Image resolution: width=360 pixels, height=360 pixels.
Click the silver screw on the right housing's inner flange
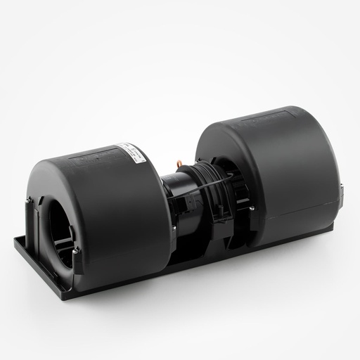250,207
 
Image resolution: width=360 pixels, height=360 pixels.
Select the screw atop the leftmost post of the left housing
30,202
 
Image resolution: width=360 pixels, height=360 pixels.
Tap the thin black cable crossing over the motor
204,187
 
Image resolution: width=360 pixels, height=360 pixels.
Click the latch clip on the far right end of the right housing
342,190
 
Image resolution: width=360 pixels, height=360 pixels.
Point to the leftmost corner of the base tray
14,239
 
